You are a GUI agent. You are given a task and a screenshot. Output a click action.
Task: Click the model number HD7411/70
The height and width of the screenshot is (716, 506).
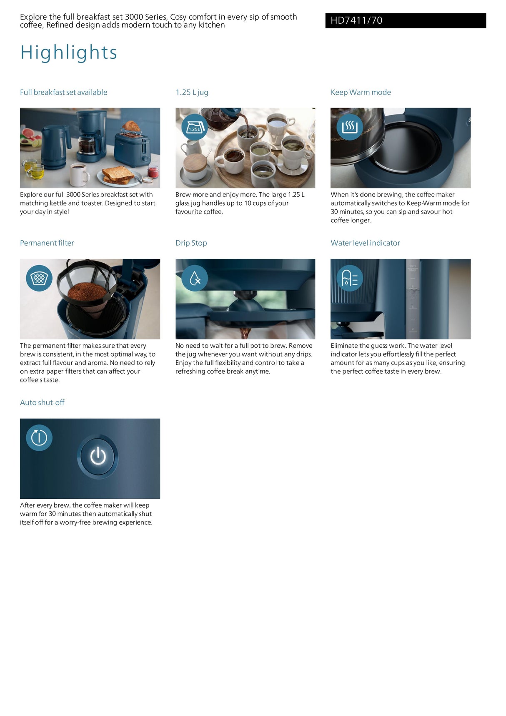pos(356,20)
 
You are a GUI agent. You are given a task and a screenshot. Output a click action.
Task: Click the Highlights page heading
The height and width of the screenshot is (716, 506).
pos(69,53)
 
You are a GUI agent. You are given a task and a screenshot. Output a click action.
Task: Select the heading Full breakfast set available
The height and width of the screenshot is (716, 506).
pos(63,92)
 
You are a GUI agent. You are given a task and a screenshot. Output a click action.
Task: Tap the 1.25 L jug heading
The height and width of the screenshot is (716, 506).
pos(192,92)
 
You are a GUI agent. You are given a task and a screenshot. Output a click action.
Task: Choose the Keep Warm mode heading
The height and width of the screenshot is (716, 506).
pos(361,92)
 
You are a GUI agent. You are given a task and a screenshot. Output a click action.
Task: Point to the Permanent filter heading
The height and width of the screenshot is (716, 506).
pos(47,243)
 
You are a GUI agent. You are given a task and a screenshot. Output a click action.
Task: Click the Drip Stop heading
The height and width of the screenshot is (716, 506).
pos(191,243)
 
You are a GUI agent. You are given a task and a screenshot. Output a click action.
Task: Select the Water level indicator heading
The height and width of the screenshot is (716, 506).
pos(365,243)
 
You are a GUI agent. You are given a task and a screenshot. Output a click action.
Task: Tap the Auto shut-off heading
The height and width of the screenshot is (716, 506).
pos(42,402)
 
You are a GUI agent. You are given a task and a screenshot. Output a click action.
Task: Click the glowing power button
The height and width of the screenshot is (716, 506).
pos(98,456)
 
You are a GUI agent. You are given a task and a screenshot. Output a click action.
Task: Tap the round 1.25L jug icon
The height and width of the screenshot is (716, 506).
pos(194,127)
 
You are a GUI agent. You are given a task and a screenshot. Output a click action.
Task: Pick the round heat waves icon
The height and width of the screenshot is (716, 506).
pos(350,127)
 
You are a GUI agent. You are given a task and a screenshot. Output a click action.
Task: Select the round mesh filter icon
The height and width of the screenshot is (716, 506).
pos(39,278)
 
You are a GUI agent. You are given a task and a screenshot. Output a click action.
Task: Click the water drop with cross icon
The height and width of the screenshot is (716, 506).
pos(195,278)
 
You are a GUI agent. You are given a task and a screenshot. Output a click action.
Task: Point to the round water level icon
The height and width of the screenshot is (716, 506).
pos(350,278)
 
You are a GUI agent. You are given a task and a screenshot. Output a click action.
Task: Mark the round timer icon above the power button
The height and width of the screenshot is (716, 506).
pos(39,438)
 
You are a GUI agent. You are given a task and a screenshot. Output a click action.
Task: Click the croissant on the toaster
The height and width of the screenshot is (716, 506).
pos(131,126)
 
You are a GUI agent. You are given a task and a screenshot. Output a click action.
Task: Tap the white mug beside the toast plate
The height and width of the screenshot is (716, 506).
pos(79,175)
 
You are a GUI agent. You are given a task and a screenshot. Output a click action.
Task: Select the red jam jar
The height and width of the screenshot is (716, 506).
pos(153,171)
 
